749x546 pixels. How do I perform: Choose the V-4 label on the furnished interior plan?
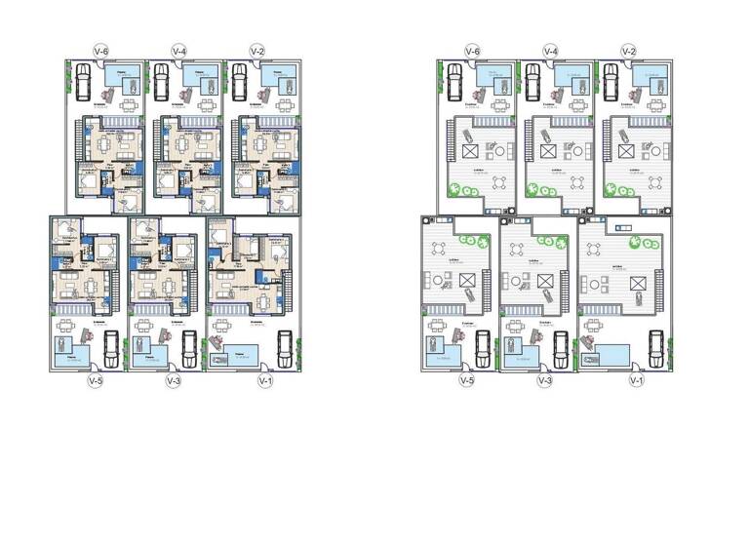tap(178, 50)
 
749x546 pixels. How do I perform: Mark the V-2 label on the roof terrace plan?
tap(629, 50)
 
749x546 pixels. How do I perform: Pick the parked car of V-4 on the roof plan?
tap(532, 82)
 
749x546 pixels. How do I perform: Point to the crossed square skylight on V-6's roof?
tap(469, 154)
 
